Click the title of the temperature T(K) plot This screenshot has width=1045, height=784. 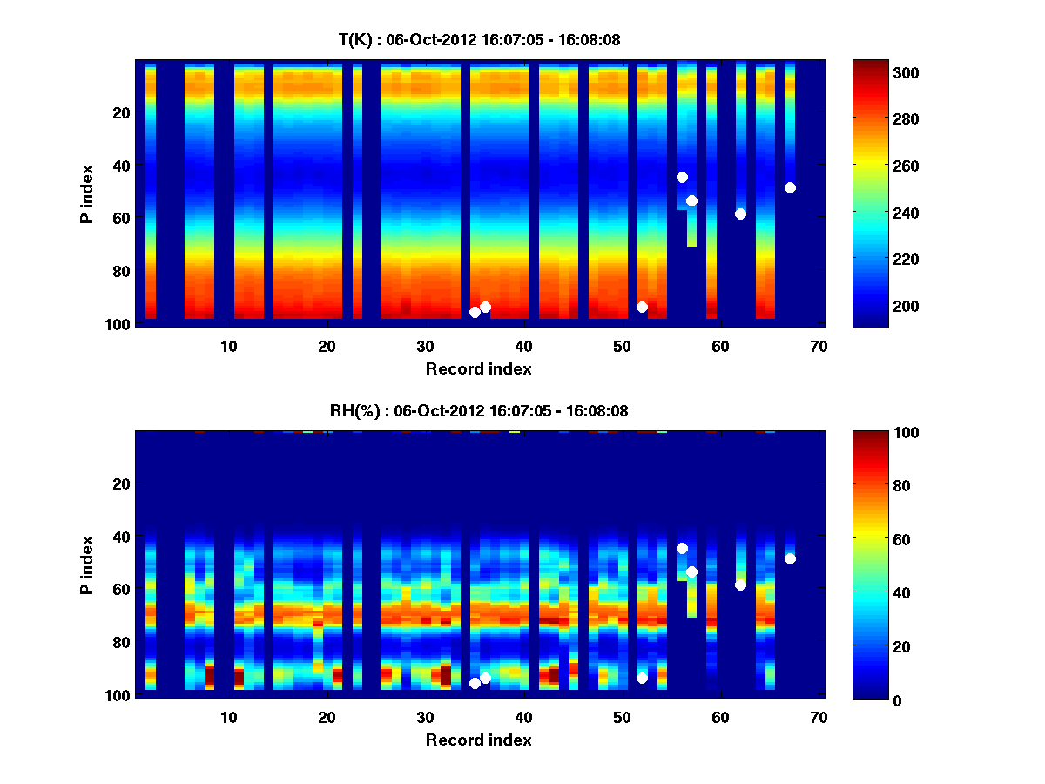coord(479,39)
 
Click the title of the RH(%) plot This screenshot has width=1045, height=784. coord(479,410)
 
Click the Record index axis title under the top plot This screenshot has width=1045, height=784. coord(478,368)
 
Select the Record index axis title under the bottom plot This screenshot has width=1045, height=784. coord(478,740)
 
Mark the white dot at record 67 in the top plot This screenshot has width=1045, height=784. coord(790,187)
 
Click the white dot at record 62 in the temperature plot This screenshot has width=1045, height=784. coord(740,213)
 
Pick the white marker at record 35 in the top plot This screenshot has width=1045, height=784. coord(475,312)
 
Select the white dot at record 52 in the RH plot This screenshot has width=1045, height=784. coord(642,678)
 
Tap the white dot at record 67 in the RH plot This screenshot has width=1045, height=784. coord(790,558)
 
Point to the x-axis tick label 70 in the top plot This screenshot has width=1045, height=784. coord(818,346)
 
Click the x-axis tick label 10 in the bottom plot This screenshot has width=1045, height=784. coord(228,717)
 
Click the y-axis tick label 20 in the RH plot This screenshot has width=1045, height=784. coord(121,483)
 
